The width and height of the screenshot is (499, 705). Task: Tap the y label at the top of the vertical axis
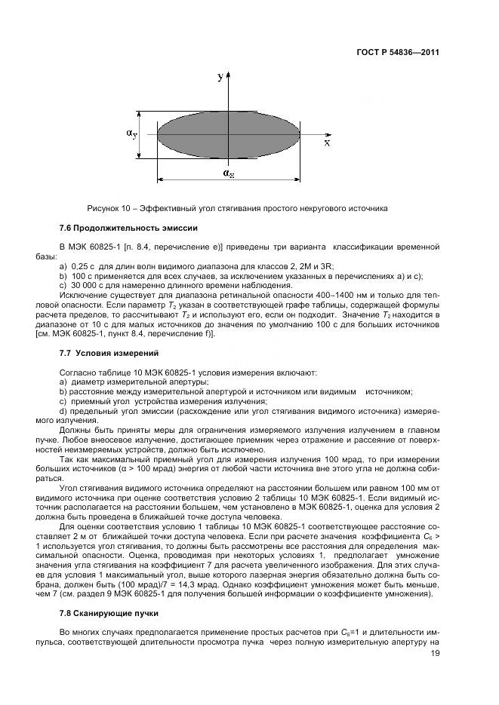click(220, 77)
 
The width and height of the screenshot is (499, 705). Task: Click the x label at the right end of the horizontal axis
click(327, 142)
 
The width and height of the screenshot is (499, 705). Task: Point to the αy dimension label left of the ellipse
click(131, 133)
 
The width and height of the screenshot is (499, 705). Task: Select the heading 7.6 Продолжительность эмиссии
click(128, 227)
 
